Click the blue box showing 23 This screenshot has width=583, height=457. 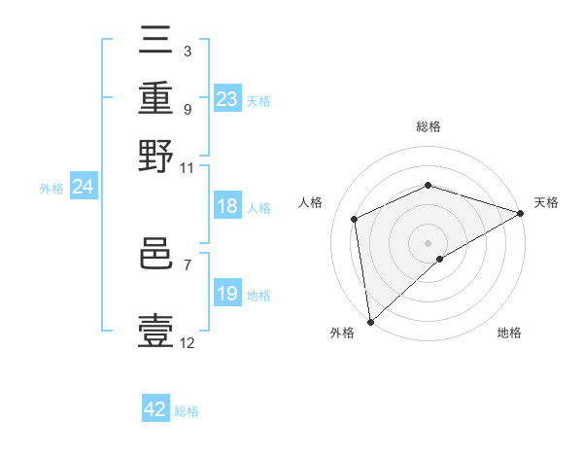coord(226,99)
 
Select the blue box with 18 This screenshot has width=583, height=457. coord(226,206)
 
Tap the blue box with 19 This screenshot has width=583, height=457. coord(226,294)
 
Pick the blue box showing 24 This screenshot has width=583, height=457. coord(83,188)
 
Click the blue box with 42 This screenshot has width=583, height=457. coord(155,409)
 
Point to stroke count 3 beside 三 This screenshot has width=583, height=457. coord(187,51)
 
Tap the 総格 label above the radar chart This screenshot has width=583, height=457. coord(428,127)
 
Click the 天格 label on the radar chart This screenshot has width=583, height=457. coord(546,202)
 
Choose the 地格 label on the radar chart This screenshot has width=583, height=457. coord(509,333)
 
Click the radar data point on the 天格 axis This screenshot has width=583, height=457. coord(520,213)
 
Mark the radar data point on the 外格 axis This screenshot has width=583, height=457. coord(370,321)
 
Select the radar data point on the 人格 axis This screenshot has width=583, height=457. coord(355,219)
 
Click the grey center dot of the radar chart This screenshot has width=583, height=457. coord(428,242)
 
